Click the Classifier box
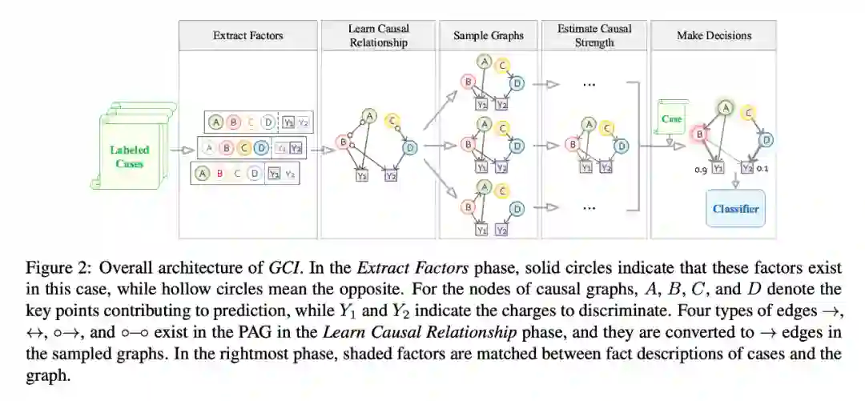point(734,209)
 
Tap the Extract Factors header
point(247,35)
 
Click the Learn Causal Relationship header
point(379,35)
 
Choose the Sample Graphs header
point(488,35)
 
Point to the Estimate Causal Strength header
point(593,35)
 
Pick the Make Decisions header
point(714,35)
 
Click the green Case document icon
point(671,119)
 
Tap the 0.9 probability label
point(698,169)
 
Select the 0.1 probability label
point(762,168)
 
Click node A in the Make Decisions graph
point(725,107)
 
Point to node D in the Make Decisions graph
point(766,140)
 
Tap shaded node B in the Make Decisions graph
point(699,134)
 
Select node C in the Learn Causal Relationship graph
point(392,121)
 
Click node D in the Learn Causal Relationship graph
point(410,147)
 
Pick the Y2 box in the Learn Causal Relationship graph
point(390,176)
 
